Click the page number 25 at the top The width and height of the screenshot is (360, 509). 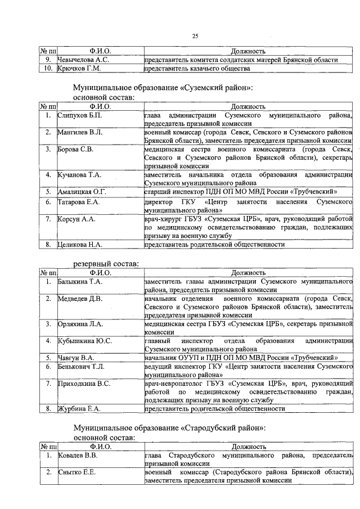click(x=196, y=37)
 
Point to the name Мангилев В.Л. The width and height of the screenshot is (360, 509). click(x=80, y=133)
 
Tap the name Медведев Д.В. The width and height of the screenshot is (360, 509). click(x=80, y=299)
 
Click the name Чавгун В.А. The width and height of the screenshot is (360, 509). click(x=76, y=358)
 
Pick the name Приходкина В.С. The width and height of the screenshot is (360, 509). click(x=84, y=383)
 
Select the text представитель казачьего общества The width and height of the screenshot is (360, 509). click(x=196, y=69)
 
